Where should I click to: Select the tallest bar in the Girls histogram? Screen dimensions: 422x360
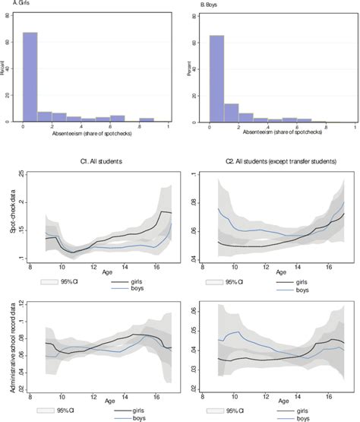[30, 76]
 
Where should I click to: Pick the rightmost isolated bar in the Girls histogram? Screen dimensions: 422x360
[147, 119]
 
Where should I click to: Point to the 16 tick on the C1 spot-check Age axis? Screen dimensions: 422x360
[154, 268]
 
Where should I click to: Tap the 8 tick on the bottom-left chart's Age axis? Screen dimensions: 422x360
[30, 398]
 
